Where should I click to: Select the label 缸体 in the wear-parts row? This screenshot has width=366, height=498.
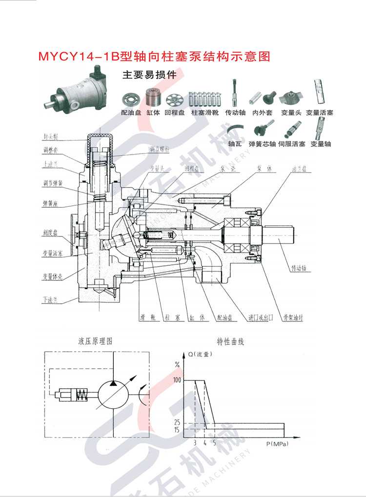[x=153, y=113]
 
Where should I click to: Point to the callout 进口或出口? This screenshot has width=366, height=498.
[x=259, y=318]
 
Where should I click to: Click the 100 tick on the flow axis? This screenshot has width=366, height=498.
[x=176, y=380]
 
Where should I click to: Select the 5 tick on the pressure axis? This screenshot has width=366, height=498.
[x=214, y=443]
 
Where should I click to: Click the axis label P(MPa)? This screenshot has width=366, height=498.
[x=277, y=444]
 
